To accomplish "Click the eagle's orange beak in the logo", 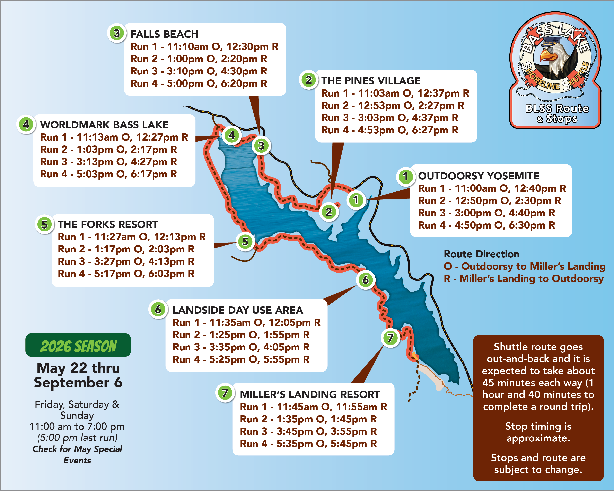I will pos(547,55).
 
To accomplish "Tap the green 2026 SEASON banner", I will pos(78,346).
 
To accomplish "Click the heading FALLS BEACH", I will pos(164,34).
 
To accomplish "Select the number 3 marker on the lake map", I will pos(261,146).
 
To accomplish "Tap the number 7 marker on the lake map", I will pos(390,338).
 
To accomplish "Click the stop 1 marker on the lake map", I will pos(356,200).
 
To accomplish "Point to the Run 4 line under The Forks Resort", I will pos(126,274).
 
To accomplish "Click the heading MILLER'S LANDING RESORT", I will pos(310,394).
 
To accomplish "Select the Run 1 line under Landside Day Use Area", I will pos(246,322).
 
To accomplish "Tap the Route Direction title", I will pos(481,254).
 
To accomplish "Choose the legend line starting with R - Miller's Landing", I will pos(524,279).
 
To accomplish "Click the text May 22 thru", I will pos(78,368).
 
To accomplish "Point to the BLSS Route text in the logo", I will pos(557,108).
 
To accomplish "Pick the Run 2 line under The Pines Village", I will pos(392,106).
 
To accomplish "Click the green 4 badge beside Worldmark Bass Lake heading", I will pos(26,124).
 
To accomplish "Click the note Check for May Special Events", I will pos(77,454).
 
